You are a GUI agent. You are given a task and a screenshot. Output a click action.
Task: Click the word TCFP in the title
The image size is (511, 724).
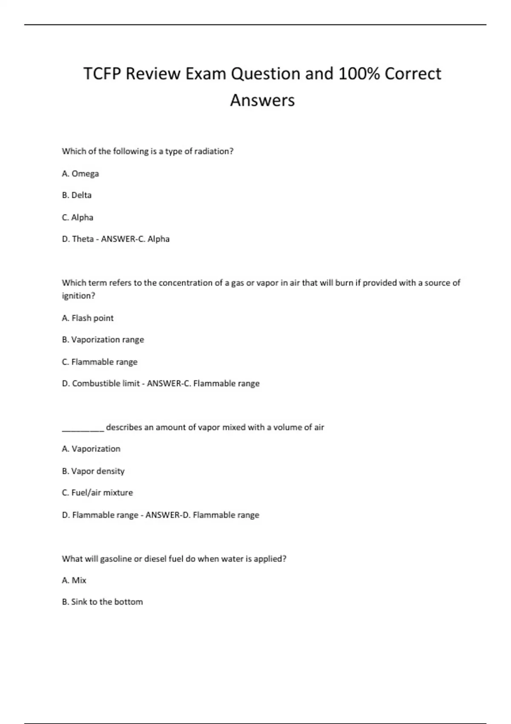[x=102, y=74]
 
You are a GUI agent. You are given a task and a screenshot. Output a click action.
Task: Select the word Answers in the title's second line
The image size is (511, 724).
[x=262, y=101]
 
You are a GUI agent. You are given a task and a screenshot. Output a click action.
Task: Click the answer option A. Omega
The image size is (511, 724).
[x=80, y=174]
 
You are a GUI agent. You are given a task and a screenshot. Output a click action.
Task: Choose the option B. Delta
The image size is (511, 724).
[x=77, y=195]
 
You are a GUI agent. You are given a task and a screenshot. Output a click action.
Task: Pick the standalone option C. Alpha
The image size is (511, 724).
[x=78, y=218]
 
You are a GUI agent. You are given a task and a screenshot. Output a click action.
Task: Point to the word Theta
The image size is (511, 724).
[x=83, y=239]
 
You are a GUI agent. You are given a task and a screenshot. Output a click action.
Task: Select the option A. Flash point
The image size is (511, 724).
[x=88, y=318]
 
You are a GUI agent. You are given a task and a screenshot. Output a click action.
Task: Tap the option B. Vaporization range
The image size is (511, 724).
[x=103, y=340]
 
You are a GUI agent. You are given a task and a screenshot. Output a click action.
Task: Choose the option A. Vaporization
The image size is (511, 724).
[x=91, y=449]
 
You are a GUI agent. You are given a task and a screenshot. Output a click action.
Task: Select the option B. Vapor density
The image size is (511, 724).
[x=93, y=471]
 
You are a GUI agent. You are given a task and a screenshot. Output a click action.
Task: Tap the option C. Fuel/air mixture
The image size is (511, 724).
[x=98, y=493]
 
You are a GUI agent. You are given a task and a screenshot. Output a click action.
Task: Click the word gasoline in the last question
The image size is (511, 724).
[x=116, y=559]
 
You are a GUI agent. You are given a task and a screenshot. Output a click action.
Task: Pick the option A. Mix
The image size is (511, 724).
[x=74, y=580]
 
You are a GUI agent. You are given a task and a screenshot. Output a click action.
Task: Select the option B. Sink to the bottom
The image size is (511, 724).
[x=102, y=602]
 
